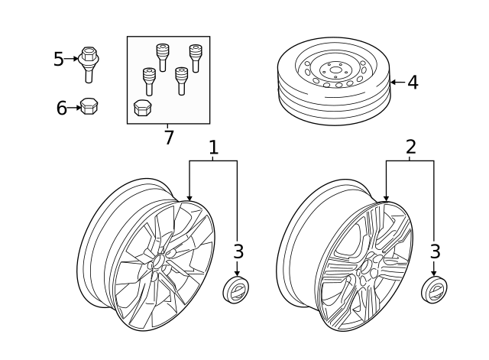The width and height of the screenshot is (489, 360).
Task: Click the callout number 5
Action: [x=58, y=59]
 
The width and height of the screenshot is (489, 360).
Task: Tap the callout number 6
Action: [x=61, y=108]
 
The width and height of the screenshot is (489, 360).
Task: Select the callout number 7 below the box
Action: [x=168, y=138]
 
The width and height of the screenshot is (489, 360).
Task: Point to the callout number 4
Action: [x=413, y=83]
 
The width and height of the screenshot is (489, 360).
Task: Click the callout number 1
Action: [x=213, y=148]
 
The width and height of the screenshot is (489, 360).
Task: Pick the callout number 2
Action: [x=411, y=147]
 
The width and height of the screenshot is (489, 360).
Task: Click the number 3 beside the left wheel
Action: [x=238, y=251]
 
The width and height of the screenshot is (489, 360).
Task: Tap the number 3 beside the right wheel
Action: [x=435, y=251]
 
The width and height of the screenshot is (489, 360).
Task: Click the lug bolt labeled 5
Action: [x=89, y=64]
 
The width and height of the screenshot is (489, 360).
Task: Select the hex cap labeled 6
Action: [x=89, y=106]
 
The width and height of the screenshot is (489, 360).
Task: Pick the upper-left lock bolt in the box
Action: [x=162, y=58]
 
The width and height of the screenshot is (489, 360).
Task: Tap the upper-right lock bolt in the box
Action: [x=196, y=58]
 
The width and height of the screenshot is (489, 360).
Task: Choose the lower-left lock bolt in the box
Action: [x=149, y=82]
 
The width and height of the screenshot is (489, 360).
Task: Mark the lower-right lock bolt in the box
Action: [x=181, y=81]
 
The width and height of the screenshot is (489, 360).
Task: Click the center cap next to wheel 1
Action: [x=236, y=290]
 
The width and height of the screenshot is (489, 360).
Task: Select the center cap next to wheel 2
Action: [x=434, y=289]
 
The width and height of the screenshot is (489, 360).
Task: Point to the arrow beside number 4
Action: [x=398, y=83]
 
